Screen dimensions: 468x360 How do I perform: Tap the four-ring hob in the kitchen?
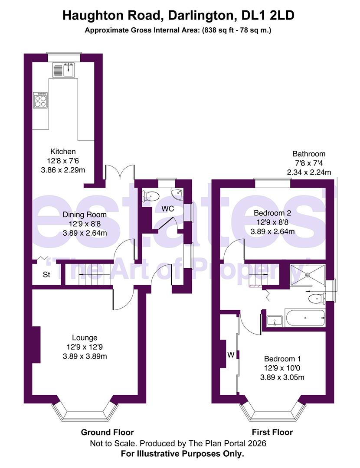point(41,101)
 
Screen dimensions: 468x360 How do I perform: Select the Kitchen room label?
point(63,152)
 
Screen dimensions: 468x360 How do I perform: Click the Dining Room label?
point(85,214)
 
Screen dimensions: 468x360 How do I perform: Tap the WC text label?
point(168,209)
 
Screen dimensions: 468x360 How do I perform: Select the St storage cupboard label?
point(46,275)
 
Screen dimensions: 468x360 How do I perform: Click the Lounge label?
point(85,338)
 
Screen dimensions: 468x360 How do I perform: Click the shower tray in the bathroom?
point(307,274)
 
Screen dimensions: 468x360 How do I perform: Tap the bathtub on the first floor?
point(304,318)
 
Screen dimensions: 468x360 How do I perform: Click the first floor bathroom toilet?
point(315,298)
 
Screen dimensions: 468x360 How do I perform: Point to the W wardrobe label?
point(231,355)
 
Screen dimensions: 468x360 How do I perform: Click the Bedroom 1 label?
point(282,359)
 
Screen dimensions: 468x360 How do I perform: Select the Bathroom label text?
point(309,154)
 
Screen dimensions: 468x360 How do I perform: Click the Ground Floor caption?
point(108,432)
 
